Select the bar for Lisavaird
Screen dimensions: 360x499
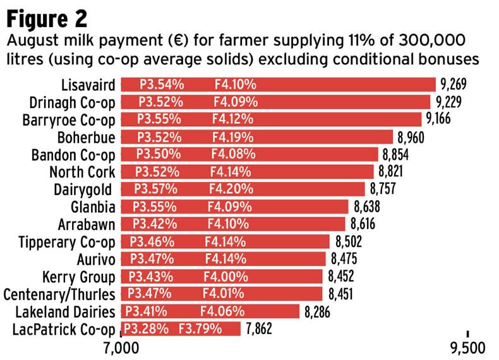pos(278,85)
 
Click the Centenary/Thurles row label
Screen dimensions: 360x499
pos(59,294)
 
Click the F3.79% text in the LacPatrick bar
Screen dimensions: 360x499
pos(200,329)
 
